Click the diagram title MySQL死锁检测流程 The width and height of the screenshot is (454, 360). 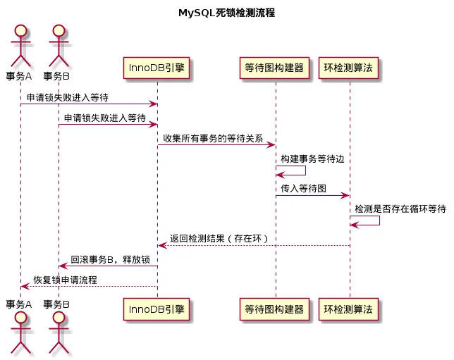point(226,13)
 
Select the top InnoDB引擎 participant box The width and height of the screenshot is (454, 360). point(157,68)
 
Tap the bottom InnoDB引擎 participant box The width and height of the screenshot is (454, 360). point(157,308)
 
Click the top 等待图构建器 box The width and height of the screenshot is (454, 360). point(275,68)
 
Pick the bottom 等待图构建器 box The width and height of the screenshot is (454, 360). point(275,308)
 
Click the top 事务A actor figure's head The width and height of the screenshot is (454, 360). point(20,30)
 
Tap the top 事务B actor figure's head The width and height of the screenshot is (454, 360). point(58,30)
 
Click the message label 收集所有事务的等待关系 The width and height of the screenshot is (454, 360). point(213,139)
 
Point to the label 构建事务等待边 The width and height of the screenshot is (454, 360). point(312,160)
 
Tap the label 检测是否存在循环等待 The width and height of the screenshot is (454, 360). point(400,209)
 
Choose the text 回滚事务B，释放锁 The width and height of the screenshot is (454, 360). point(111,259)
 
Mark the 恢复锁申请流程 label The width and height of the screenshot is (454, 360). point(66,280)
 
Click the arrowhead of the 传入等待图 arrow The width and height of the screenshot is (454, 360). point(345,195)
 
